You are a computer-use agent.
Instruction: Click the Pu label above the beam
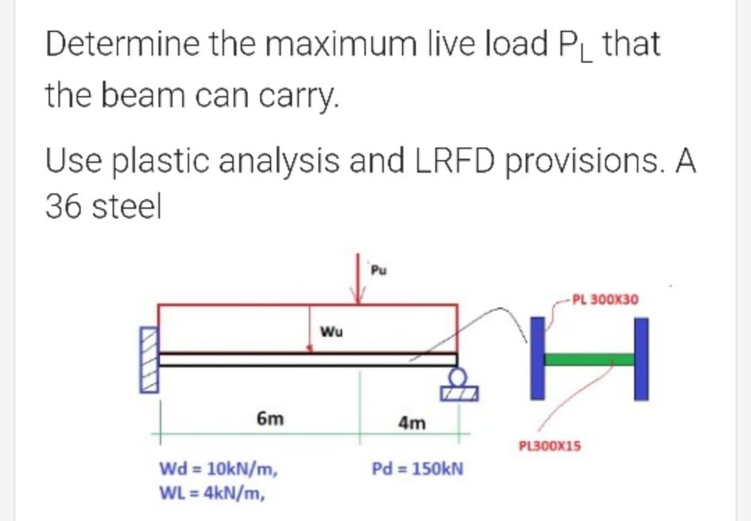[x=378, y=271]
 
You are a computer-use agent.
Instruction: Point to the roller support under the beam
[x=459, y=385]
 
